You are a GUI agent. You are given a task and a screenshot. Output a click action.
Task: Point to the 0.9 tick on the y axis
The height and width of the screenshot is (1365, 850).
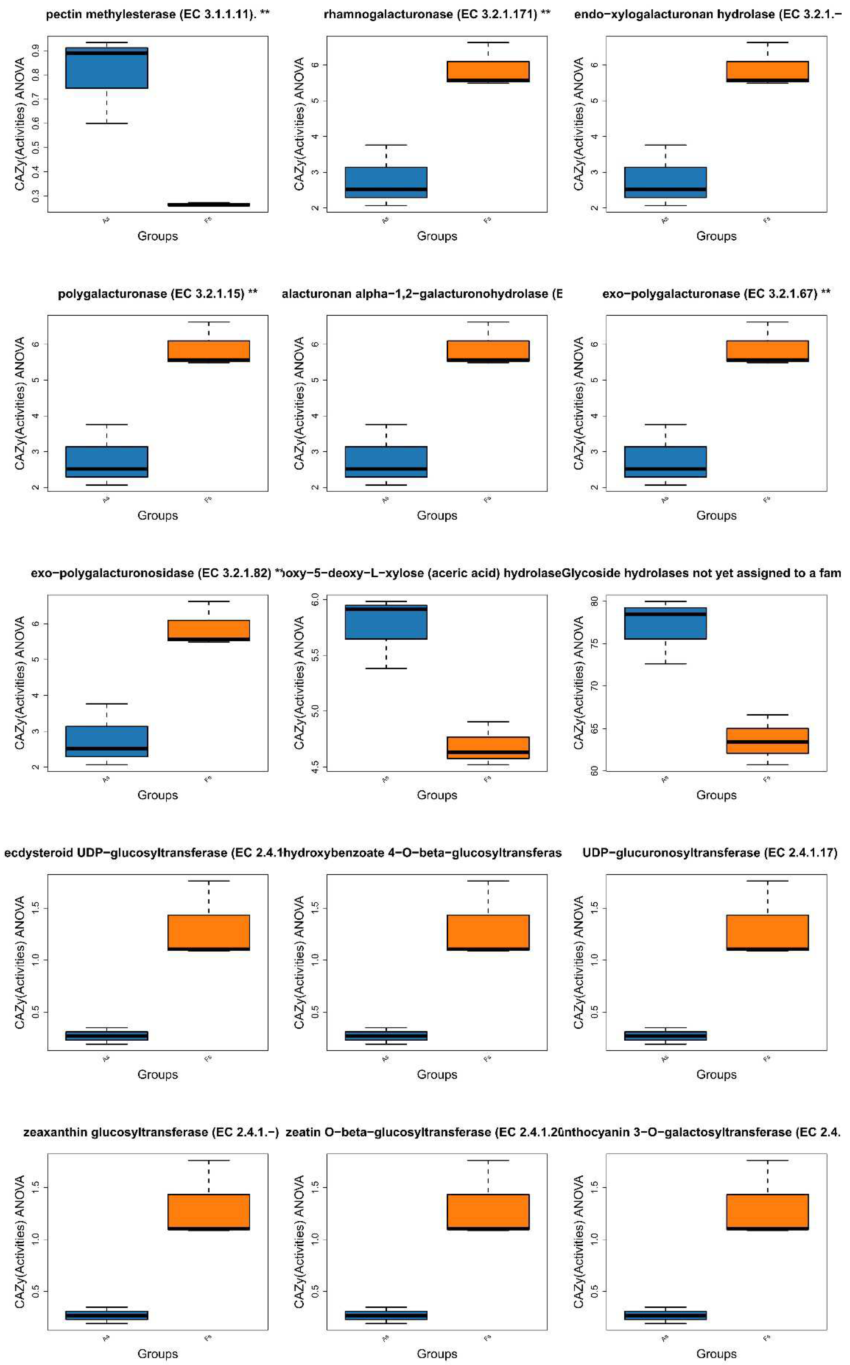tap(36, 51)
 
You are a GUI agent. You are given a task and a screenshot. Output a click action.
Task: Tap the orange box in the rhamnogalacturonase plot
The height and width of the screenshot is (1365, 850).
tap(488, 71)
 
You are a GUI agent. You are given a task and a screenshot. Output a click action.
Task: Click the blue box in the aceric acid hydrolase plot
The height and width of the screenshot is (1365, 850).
tap(386, 622)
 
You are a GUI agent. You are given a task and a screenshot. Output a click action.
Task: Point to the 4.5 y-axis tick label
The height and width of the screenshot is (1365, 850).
tap(315, 765)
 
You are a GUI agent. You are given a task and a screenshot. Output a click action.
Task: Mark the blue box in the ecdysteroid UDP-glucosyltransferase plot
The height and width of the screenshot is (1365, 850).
tap(107, 1036)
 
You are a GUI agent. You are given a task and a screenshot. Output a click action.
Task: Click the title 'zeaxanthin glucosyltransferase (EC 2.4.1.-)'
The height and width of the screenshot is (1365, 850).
tap(151, 1132)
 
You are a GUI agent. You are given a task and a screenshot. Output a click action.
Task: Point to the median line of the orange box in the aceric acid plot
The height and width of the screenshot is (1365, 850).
tap(488, 752)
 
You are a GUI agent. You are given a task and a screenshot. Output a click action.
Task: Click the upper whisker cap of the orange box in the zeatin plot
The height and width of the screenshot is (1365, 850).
tap(488, 1161)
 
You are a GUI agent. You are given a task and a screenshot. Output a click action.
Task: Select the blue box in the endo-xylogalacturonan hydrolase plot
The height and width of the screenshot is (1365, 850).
tap(666, 182)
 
